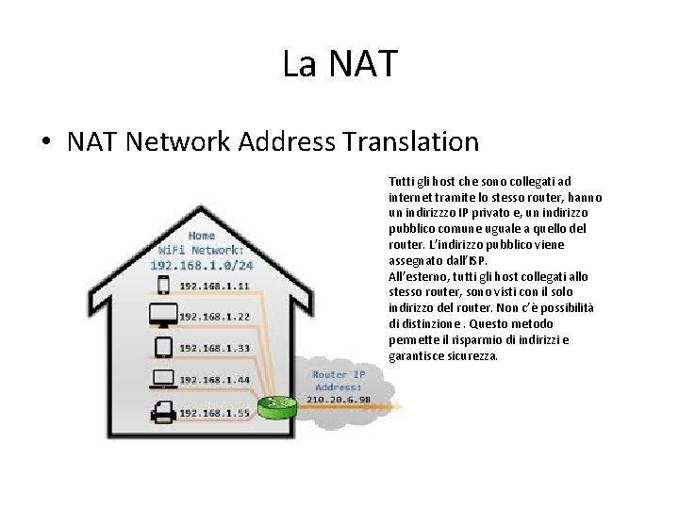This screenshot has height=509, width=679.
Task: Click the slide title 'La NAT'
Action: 339,64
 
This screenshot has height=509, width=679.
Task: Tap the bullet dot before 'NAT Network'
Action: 45,143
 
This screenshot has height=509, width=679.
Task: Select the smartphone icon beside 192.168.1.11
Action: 162,285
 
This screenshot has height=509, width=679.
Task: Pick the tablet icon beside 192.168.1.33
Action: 162,347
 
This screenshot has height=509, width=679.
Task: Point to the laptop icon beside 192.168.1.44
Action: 162,380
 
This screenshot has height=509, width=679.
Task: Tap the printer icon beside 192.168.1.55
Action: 162,412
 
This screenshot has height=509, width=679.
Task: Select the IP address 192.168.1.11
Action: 214,286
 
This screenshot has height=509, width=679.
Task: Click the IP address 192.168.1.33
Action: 214,348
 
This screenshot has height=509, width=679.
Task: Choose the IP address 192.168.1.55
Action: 214,413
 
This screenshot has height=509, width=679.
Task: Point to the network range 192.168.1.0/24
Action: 202,265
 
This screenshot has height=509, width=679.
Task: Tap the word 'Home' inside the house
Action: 202,236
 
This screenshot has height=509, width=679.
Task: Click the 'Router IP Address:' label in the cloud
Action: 338,381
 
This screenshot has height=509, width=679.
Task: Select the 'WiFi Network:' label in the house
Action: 202,250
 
